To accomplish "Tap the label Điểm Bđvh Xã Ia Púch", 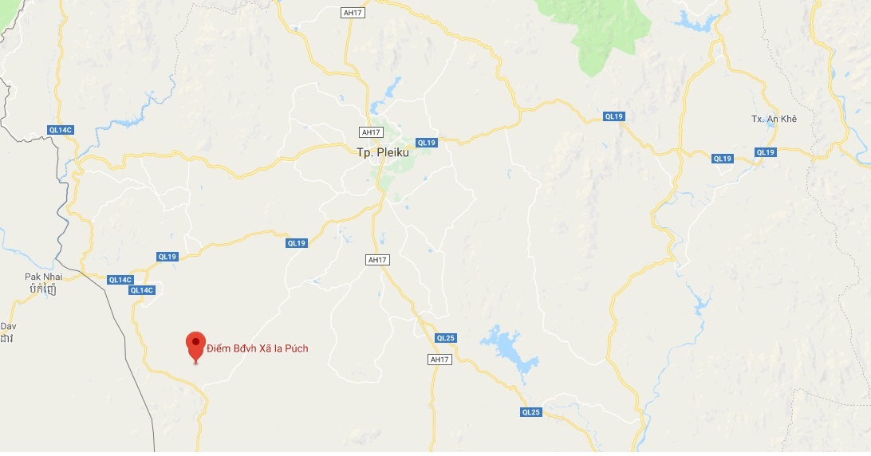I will pyautogui.click(x=257, y=348).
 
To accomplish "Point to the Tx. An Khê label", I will pyautogui.click(x=774, y=119).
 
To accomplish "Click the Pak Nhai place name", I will pyautogui.click(x=43, y=277).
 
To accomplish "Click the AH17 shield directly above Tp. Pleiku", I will pyautogui.click(x=370, y=132).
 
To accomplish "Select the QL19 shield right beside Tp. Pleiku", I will pyautogui.click(x=427, y=143).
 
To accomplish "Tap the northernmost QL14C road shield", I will pyautogui.click(x=61, y=129).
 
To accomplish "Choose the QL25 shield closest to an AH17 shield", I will pyautogui.click(x=445, y=338).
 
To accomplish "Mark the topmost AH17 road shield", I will pyautogui.click(x=352, y=13).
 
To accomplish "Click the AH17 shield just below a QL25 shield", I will pyautogui.click(x=439, y=360).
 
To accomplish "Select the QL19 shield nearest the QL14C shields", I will pyautogui.click(x=167, y=257).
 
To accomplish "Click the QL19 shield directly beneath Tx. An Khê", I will pyautogui.click(x=765, y=152).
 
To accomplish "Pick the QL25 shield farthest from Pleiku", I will pyautogui.click(x=531, y=412).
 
